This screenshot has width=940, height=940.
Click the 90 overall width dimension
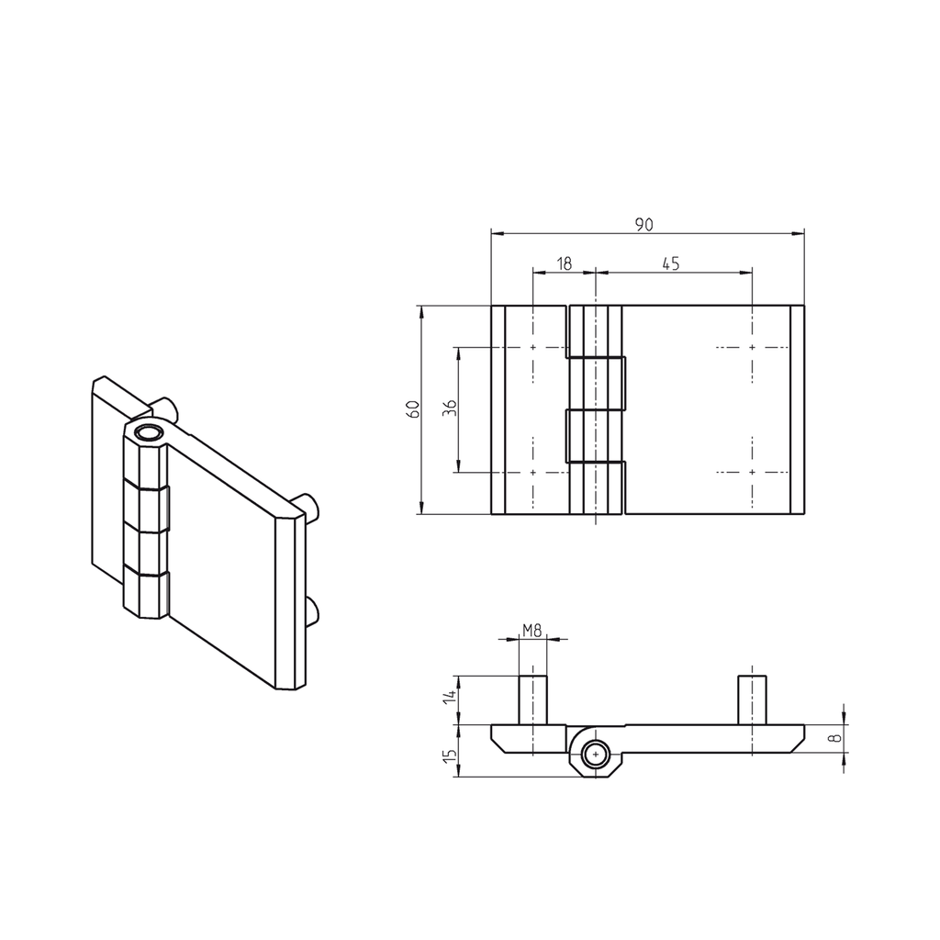point(644,224)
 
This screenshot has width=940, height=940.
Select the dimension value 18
point(565,263)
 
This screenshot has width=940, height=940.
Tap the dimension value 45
point(670,263)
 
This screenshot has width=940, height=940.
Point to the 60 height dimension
point(414,409)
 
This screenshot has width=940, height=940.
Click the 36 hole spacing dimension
point(450,409)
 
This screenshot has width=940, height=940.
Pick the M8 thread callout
point(532,630)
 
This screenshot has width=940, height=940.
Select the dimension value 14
point(449,698)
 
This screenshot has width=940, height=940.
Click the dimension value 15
point(449,755)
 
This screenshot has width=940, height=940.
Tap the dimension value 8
point(834,737)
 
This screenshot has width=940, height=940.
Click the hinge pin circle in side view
point(596,755)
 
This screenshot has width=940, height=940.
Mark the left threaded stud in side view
point(532,699)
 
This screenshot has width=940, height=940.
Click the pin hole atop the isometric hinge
point(146,433)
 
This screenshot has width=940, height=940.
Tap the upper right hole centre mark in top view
point(753,348)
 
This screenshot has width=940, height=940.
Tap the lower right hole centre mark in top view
point(753,472)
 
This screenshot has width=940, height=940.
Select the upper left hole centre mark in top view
point(532,348)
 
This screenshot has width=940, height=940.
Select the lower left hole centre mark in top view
point(532,472)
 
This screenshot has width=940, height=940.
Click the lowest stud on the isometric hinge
point(311,611)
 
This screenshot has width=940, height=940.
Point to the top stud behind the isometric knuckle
point(166,407)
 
